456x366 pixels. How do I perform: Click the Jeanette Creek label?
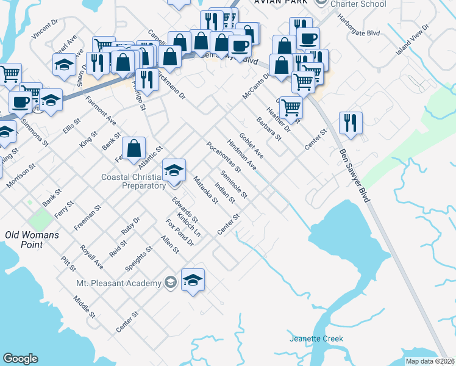click(x=316, y=339)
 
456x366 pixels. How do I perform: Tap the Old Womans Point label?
click(x=24, y=240)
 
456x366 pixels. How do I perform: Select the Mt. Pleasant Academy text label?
click(x=118, y=283)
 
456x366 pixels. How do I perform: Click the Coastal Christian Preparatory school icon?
click(x=174, y=170)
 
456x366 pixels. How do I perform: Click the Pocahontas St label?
click(x=224, y=157)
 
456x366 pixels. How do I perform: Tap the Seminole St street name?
click(x=233, y=185)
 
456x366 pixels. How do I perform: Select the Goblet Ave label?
click(x=251, y=145)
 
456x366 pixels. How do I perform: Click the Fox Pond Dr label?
click(x=179, y=234)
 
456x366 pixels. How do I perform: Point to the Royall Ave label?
click(x=91, y=257)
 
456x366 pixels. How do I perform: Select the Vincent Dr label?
click(x=45, y=29)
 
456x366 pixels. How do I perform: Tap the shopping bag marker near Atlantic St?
click(x=134, y=148)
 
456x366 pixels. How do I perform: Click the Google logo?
click(x=20, y=359)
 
